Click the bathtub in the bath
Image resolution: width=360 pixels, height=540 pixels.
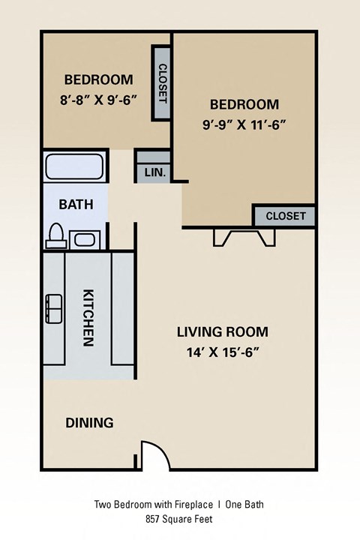(74, 166)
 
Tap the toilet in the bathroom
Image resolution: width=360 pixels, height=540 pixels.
(55, 235)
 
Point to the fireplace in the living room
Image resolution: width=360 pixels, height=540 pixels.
(242, 237)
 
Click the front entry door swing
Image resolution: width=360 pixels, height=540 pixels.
(152, 454)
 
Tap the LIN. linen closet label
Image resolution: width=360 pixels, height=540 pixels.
(154, 172)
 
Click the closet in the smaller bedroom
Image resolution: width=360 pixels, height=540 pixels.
(162, 82)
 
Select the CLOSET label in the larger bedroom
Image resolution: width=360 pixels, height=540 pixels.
(285, 216)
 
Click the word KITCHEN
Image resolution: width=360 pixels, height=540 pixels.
(88, 317)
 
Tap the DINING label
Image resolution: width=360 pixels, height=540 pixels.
(88, 423)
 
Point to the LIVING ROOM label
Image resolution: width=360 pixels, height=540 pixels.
(222, 331)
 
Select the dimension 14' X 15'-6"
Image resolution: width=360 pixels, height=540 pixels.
(222, 352)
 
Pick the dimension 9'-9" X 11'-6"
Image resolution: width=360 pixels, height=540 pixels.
(244, 124)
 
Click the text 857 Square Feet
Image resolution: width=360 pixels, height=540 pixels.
(179, 519)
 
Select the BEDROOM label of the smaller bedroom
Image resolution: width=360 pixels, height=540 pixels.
(98, 79)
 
